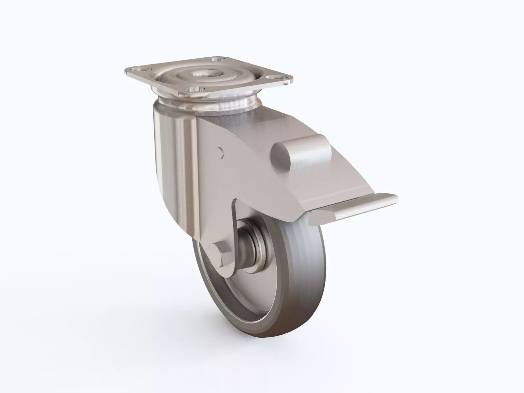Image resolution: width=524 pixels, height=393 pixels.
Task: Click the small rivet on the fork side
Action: (221, 152)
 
